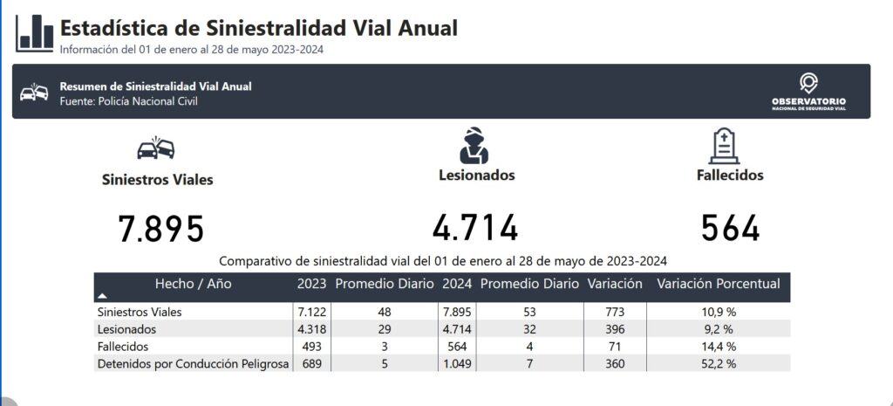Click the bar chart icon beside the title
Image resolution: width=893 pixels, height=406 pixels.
[35, 33]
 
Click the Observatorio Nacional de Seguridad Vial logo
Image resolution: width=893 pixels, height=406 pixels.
[808, 93]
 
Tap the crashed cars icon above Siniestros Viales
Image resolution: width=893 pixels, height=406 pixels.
[157, 148]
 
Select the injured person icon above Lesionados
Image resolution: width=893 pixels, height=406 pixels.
[475, 145]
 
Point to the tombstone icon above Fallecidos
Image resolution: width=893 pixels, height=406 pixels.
[725, 146]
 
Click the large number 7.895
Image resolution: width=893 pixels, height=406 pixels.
[161, 229]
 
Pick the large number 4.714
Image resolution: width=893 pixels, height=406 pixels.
[475, 229]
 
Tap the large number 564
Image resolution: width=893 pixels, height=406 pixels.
[731, 229]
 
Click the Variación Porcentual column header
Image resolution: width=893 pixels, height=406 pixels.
[718, 284]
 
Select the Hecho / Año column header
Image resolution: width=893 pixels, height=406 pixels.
[193, 284]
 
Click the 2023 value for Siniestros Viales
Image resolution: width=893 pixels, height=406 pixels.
[310, 312]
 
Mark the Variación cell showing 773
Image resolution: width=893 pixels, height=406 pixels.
[615, 312]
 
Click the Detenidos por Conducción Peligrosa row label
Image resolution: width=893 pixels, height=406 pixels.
[193, 364]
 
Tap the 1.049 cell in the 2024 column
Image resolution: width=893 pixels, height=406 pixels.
[456, 364]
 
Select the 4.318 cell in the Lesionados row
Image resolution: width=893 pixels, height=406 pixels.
[310, 329]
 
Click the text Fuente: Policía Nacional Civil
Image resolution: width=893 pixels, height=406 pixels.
[129, 101]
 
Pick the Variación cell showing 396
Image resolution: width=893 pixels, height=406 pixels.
[615, 329]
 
